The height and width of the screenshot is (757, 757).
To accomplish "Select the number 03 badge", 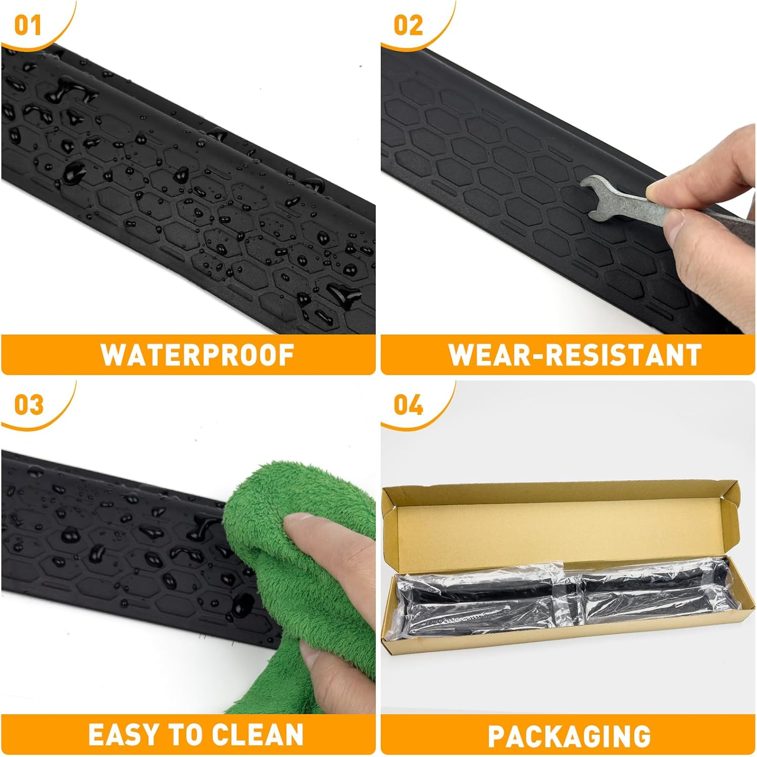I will coord(29,405).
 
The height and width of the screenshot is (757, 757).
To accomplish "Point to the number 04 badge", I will coord(409,405).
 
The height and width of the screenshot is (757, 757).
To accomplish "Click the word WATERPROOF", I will coord(198,355).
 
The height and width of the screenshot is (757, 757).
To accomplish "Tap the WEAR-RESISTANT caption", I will coord(575,355).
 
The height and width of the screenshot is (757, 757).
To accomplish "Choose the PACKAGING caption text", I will coord(569,736).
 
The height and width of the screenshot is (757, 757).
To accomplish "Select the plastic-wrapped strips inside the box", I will coord(561,596).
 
